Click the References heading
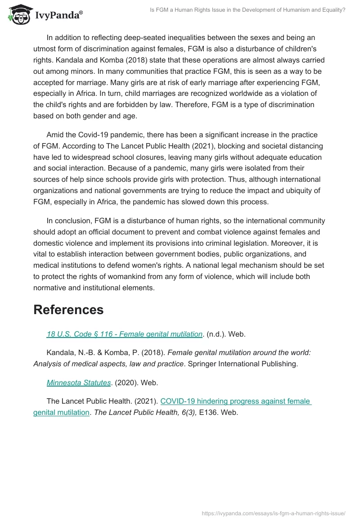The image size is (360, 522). (x=68, y=310)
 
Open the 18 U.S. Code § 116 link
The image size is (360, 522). (x=124, y=334)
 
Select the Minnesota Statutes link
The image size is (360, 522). (x=79, y=382)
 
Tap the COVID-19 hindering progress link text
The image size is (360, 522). (x=236, y=401)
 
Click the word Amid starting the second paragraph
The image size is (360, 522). (x=56, y=135)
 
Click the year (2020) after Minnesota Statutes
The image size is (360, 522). (x=127, y=382)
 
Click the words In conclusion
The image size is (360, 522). (x=69, y=221)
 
